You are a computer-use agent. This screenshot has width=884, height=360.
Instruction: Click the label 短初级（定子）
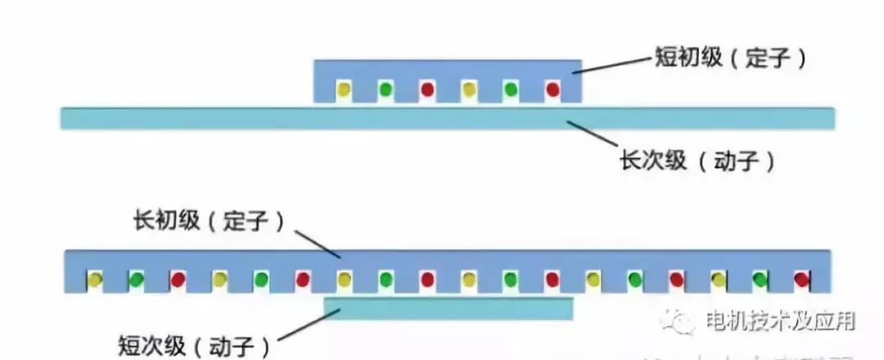[730, 58]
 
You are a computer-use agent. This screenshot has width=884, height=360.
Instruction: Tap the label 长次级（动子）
[697, 161]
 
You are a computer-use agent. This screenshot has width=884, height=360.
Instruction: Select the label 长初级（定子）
[208, 221]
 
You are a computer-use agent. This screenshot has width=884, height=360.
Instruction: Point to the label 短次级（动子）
[194, 346]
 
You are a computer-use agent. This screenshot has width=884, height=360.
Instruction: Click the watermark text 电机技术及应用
[780, 321]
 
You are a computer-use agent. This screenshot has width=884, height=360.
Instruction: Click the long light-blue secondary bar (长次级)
[447, 119]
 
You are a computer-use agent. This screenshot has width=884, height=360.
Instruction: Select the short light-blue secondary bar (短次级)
[448, 308]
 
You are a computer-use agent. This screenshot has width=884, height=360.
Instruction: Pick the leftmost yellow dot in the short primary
[345, 88]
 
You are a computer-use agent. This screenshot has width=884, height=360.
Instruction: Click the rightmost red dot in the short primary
[552, 88]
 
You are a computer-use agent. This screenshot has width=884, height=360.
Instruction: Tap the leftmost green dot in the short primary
[386, 88]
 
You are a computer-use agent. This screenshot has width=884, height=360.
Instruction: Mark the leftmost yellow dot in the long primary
[95, 280]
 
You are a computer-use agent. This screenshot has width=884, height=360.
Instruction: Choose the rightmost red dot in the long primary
[801, 280]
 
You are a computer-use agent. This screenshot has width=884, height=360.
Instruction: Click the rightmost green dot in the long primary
[760, 280]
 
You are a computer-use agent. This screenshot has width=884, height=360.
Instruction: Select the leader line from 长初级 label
[318, 242]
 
